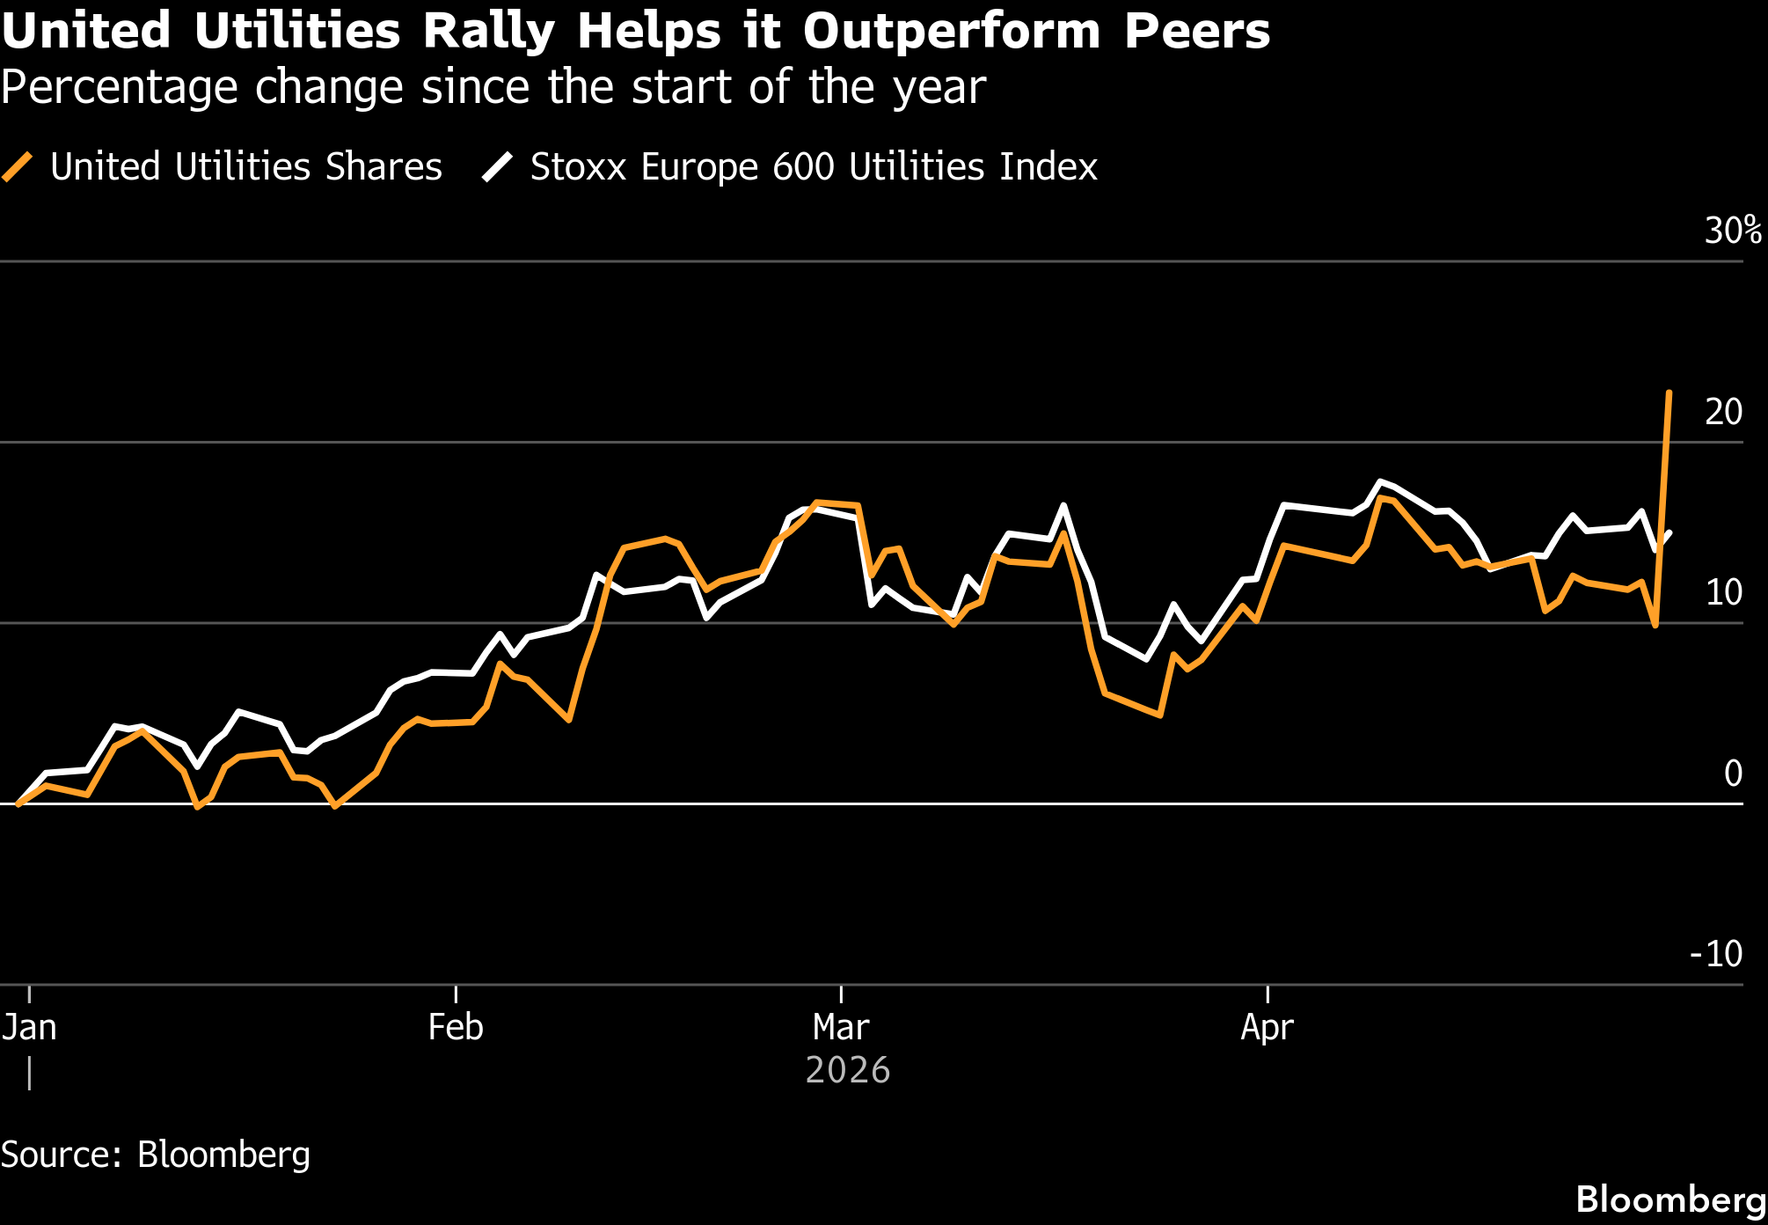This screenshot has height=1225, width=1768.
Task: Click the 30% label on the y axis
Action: pyautogui.click(x=1732, y=231)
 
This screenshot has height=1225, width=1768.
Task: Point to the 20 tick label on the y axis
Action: pyautogui.click(x=1723, y=412)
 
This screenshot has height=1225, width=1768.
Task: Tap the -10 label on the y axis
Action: pyautogui.click(x=1715, y=954)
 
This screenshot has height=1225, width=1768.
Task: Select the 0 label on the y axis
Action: pyautogui.click(x=1733, y=774)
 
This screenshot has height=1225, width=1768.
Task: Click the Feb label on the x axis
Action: pyautogui.click(x=455, y=1028)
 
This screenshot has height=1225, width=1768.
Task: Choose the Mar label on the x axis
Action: pyautogui.click(x=841, y=1028)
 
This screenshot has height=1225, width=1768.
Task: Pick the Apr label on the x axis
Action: pyautogui.click(x=1267, y=1028)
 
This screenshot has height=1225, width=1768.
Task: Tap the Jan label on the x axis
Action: pyautogui.click(x=29, y=1028)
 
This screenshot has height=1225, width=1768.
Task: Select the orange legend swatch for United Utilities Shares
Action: pyautogui.click(x=18, y=167)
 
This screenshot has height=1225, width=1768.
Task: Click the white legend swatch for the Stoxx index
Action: pyautogui.click(x=497, y=167)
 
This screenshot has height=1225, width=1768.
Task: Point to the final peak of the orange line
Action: pyautogui.click(x=1669, y=392)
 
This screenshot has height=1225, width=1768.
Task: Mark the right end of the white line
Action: pyautogui.click(x=1669, y=532)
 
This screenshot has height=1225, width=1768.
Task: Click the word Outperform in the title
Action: pyautogui.click(x=951, y=32)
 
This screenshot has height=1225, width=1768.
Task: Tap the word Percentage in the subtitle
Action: pyautogui.click(x=119, y=88)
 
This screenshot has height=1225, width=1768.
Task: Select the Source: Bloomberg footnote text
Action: pyautogui.click(x=156, y=1155)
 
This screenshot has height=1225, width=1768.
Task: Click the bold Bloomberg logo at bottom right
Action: pyautogui.click(x=1670, y=1199)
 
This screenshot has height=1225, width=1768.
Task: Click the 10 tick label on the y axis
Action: pyautogui.click(x=1723, y=593)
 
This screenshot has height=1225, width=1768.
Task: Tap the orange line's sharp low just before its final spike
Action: pyautogui.click(x=1655, y=625)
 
